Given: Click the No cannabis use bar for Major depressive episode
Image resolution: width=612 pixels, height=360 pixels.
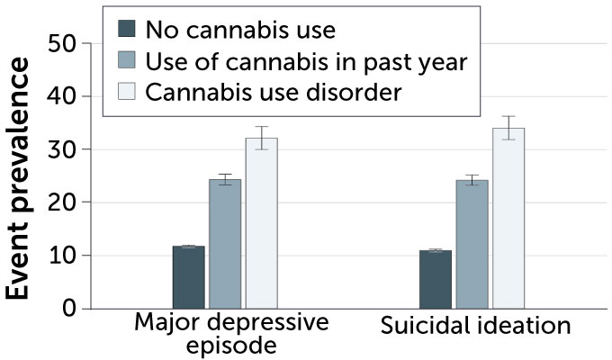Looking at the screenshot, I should (x=189, y=277).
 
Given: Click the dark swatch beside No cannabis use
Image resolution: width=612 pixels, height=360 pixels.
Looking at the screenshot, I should (x=127, y=30).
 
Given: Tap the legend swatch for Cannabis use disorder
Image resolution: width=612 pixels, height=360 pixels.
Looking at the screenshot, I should (x=127, y=92).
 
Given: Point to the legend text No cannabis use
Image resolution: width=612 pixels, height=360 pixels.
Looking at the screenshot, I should (x=239, y=30).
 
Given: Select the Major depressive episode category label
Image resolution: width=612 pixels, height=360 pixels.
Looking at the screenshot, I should (x=231, y=334).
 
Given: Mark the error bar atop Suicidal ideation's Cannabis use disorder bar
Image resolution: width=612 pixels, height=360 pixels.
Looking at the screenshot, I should (x=508, y=128).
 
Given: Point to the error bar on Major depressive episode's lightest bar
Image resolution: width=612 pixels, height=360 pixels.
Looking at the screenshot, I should (x=262, y=138).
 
